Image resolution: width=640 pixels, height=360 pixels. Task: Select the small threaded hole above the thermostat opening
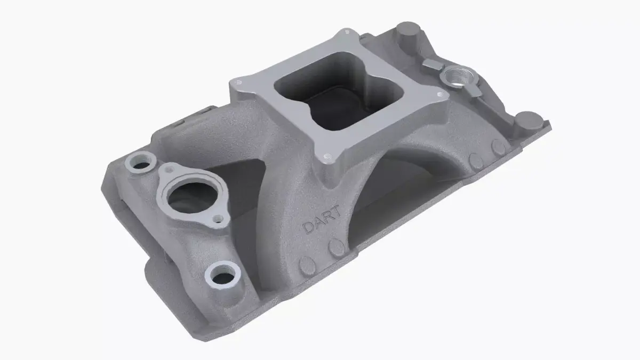[x=170, y=170]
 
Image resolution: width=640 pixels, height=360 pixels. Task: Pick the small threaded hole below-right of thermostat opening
[x=217, y=218]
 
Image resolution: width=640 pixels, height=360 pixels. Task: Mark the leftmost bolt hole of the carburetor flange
[x=238, y=83]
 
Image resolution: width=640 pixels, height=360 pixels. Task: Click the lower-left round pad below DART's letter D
[x=308, y=264]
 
